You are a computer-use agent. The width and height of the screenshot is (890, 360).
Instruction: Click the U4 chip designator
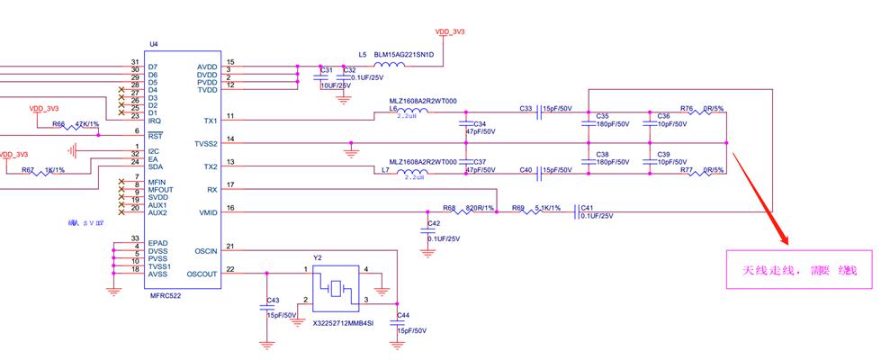(x=153, y=43)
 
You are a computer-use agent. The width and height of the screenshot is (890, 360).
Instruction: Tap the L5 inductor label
(x=362, y=54)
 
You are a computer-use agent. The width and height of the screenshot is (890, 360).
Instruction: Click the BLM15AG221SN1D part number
(x=404, y=54)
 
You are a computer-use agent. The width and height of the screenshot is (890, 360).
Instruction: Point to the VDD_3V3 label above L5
(x=449, y=31)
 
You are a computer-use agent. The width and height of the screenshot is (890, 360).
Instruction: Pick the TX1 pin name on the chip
(x=211, y=121)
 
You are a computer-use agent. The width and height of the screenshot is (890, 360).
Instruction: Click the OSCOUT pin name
(x=202, y=274)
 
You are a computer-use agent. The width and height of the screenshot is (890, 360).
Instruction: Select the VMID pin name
(x=208, y=212)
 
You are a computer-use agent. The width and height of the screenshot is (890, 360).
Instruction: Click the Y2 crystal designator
(x=318, y=256)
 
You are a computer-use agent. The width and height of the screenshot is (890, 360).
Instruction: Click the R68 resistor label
(x=449, y=207)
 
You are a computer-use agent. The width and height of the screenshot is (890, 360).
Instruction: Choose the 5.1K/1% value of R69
(x=546, y=207)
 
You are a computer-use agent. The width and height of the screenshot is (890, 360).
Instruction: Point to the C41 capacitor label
(x=588, y=207)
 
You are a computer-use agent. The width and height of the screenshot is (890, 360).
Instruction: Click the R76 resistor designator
(x=687, y=108)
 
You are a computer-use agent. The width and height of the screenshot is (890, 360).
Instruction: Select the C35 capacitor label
(x=602, y=116)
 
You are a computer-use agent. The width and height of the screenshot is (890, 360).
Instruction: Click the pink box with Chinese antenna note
(x=799, y=269)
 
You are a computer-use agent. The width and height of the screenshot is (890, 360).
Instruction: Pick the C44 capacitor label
(x=403, y=315)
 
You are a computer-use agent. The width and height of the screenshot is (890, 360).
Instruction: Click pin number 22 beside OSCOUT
(x=230, y=269)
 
